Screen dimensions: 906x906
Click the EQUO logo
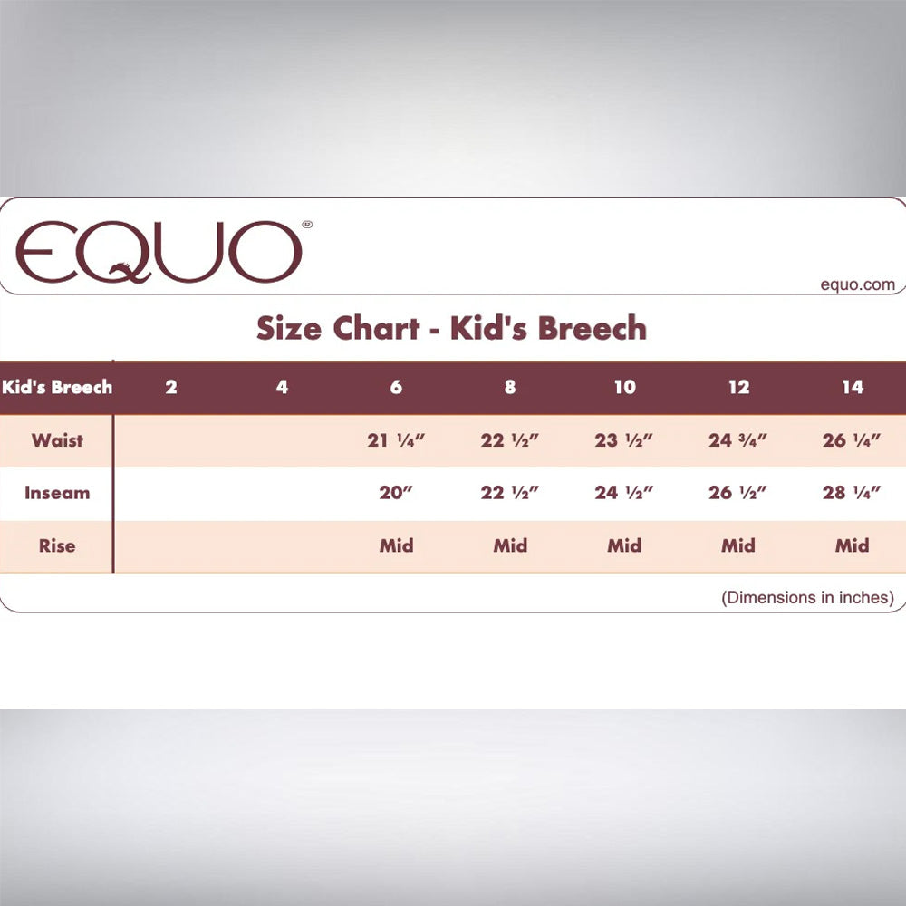click(159, 252)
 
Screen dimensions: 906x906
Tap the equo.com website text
click(857, 284)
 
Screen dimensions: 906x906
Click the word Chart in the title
click(376, 328)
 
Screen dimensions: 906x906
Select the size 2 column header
click(171, 387)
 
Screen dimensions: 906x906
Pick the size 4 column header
click(282, 387)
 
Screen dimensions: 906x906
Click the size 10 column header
click(624, 387)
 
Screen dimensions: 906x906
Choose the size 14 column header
click(853, 387)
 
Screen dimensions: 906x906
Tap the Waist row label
click(57, 440)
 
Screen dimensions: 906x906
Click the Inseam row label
click(57, 493)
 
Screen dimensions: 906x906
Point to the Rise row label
click(57, 546)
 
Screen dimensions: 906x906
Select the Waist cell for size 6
click(396, 440)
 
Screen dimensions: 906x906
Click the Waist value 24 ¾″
click(737, 440)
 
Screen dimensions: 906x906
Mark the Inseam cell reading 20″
click(396, 493)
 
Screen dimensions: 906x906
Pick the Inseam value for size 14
click(852, 493)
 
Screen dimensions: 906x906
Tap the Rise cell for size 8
click(510, 546)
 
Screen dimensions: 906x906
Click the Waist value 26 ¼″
click(852, 440)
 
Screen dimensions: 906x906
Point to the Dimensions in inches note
click(808, 597)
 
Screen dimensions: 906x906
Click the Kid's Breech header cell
click(56, 387)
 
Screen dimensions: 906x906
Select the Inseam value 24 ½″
click(624, 493)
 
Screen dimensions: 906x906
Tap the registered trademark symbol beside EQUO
click(307, 224)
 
